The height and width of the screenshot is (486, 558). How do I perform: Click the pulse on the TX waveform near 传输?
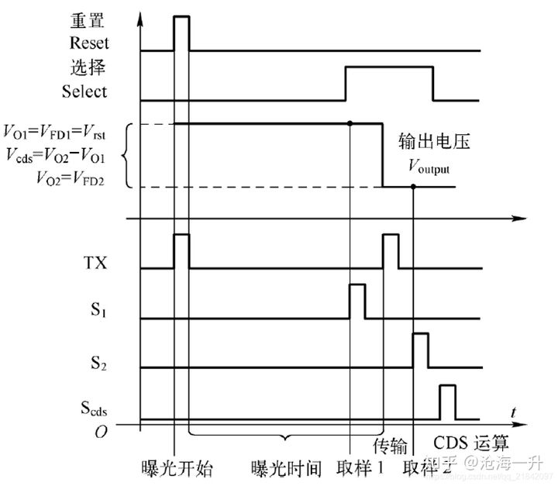click(x=391, y=250)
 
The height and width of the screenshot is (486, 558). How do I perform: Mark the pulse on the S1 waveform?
click(x=357, y=302)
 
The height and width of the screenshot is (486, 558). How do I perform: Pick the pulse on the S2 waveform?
click(x=419, y=350)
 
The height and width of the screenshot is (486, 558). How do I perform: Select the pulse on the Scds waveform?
click(x=447, y=402)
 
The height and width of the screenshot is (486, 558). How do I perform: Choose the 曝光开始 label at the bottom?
click(x=177, y=467)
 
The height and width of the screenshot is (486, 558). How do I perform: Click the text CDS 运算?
click(x=471, y=443)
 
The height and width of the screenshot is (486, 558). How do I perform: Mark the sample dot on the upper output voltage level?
click(x=350, y=123)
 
